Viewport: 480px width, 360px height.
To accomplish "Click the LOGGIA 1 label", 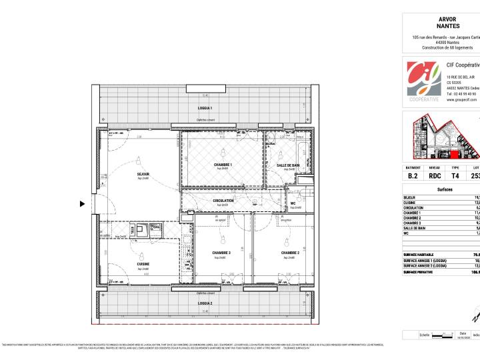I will tap(206, 107).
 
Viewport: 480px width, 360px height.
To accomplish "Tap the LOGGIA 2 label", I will tap(206, 303).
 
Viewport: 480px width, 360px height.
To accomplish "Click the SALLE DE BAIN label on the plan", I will tap(288, 165).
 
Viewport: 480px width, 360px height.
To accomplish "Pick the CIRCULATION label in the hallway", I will tap(223, 200).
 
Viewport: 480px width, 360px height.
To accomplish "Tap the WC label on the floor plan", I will tap(293, 203).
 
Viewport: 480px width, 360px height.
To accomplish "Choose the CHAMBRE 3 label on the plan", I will tap(221, 253).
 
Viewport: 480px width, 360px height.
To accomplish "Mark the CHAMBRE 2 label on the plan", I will tap(289, 253).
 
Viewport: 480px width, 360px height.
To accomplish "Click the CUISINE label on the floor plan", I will tap(143, 265).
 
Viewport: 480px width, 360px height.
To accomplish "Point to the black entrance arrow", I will tap(83, 204).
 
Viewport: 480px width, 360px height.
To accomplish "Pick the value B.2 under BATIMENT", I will tap(413, 176).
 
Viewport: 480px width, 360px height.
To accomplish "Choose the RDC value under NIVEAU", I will tap(434, 176).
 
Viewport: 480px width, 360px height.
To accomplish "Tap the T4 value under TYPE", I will tap(455, 176).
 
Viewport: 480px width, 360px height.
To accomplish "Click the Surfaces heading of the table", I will tap(444, 189).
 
